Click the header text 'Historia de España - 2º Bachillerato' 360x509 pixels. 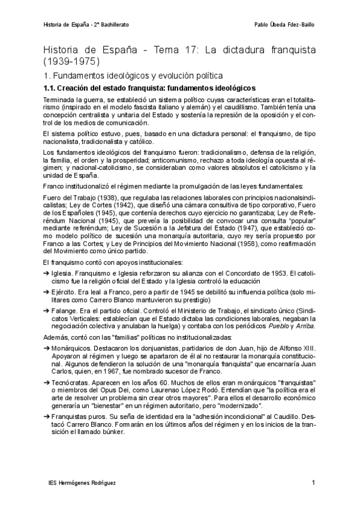pyautogui.click(x=87, y=25)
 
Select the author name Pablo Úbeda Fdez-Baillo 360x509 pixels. pyautogui.click(x=284, y=25)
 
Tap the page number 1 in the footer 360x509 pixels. pyautogui.click(x=313, y=483)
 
